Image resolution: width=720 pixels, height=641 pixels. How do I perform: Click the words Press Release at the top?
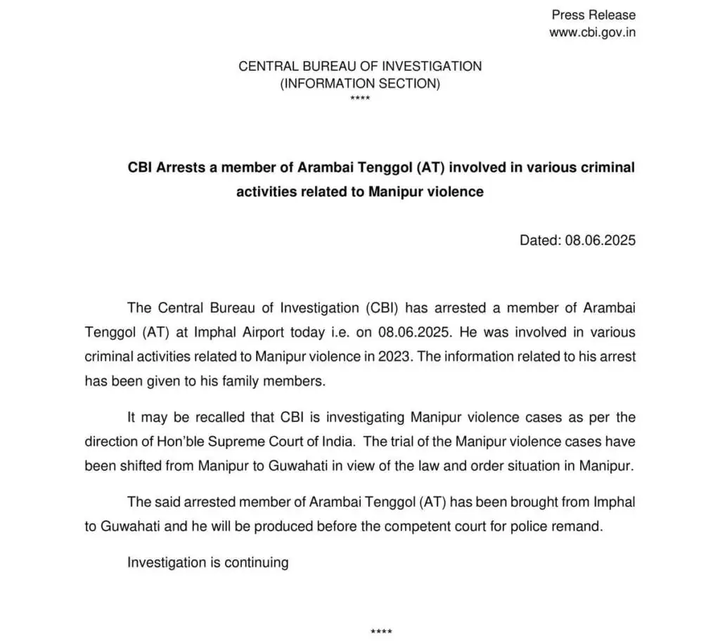(x=593, y=15)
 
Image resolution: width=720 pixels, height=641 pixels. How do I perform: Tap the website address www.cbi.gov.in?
(x=592, y=32)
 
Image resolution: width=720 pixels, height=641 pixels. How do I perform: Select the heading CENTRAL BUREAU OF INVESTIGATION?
(x=360, y=67)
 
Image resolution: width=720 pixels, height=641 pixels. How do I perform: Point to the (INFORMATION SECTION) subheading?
(x=360, y=84)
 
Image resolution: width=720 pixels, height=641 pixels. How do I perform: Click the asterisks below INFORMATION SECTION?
(x=360, y=99)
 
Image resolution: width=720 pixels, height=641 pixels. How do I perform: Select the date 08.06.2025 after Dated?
(x=600, y=240)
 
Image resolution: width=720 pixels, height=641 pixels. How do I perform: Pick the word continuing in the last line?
(x=256, y=563)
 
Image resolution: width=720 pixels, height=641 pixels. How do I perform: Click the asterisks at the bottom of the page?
(x=380, y=631)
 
